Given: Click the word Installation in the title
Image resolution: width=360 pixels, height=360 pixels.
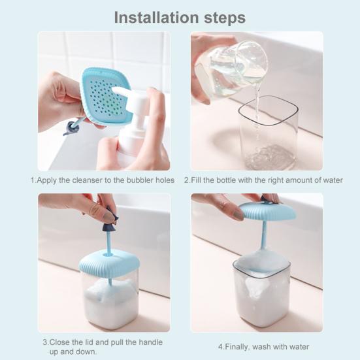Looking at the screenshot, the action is [156, 18].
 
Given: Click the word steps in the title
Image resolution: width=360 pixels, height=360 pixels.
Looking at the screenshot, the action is [225, 18].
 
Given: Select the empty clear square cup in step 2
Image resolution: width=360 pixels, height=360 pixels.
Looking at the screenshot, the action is [269, 133].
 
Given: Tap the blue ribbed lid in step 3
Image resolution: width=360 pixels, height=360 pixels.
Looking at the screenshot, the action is [109, 263].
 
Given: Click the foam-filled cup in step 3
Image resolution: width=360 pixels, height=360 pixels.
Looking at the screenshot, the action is [110, 299].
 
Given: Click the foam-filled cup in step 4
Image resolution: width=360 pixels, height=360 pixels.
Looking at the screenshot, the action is [262, 291].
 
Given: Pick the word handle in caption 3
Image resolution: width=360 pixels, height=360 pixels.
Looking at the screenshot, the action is [151, 342].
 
